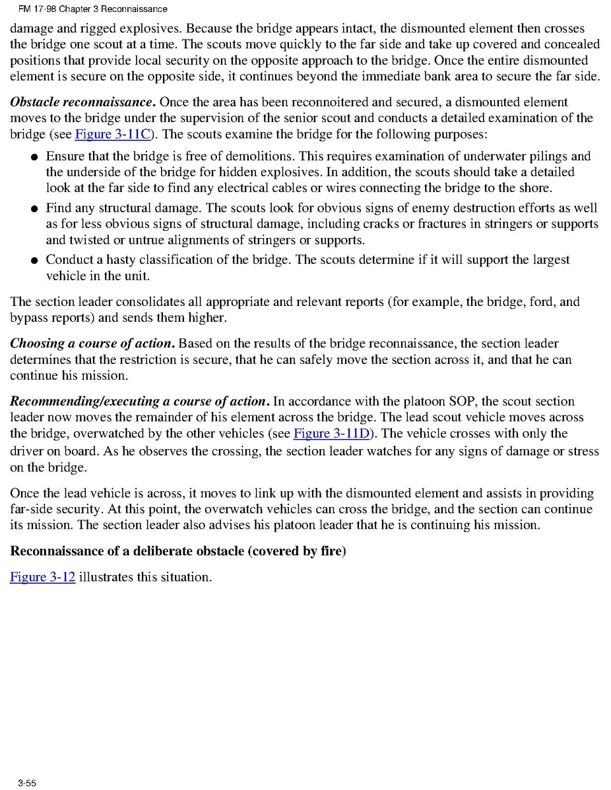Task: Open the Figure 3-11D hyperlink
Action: [331, 433]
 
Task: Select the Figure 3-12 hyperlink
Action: [42, 577]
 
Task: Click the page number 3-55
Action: [27, 783]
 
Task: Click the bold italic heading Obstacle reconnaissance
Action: [82, 103]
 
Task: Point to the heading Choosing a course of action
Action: [92, 344]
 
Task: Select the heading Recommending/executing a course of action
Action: [139, 402]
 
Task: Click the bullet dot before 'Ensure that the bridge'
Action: [34, 158]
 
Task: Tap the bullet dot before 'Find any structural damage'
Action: [34, 209]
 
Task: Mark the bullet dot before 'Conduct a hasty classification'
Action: [34, 260]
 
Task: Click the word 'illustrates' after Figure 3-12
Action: [106, 577]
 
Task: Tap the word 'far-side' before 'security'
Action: [31, 509]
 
